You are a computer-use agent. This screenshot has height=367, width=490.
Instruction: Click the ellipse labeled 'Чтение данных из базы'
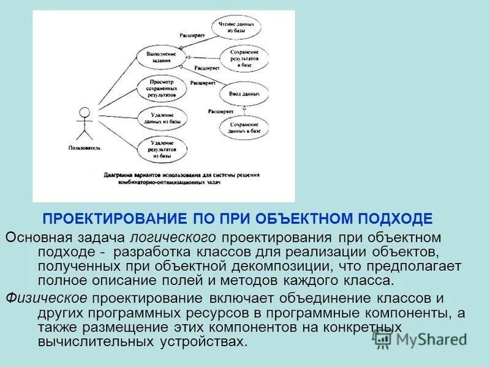click(237, 28)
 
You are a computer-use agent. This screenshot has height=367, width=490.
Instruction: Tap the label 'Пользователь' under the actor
click(85, 148)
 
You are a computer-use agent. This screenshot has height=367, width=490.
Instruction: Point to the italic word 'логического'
click(174, 236)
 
